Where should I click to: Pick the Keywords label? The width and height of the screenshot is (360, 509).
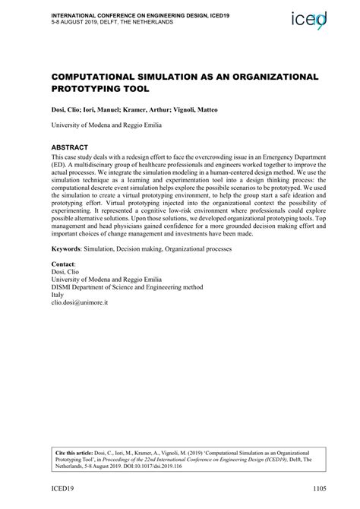pyautogui.click(x=69, y=249)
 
